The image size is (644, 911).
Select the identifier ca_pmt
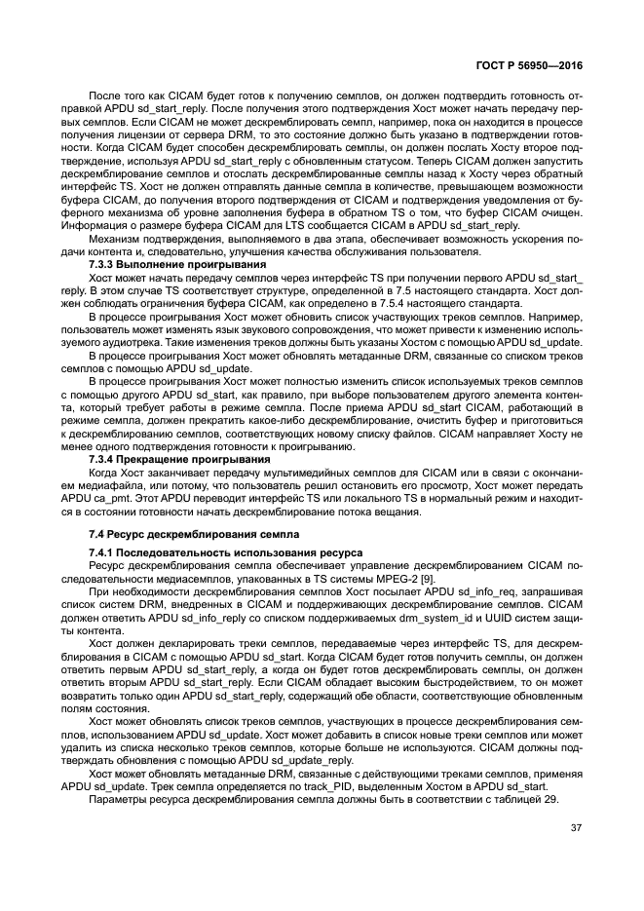pyautogui.click(x=127, y=496)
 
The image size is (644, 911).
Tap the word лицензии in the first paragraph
pyautogui.click(x=142, y=136)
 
